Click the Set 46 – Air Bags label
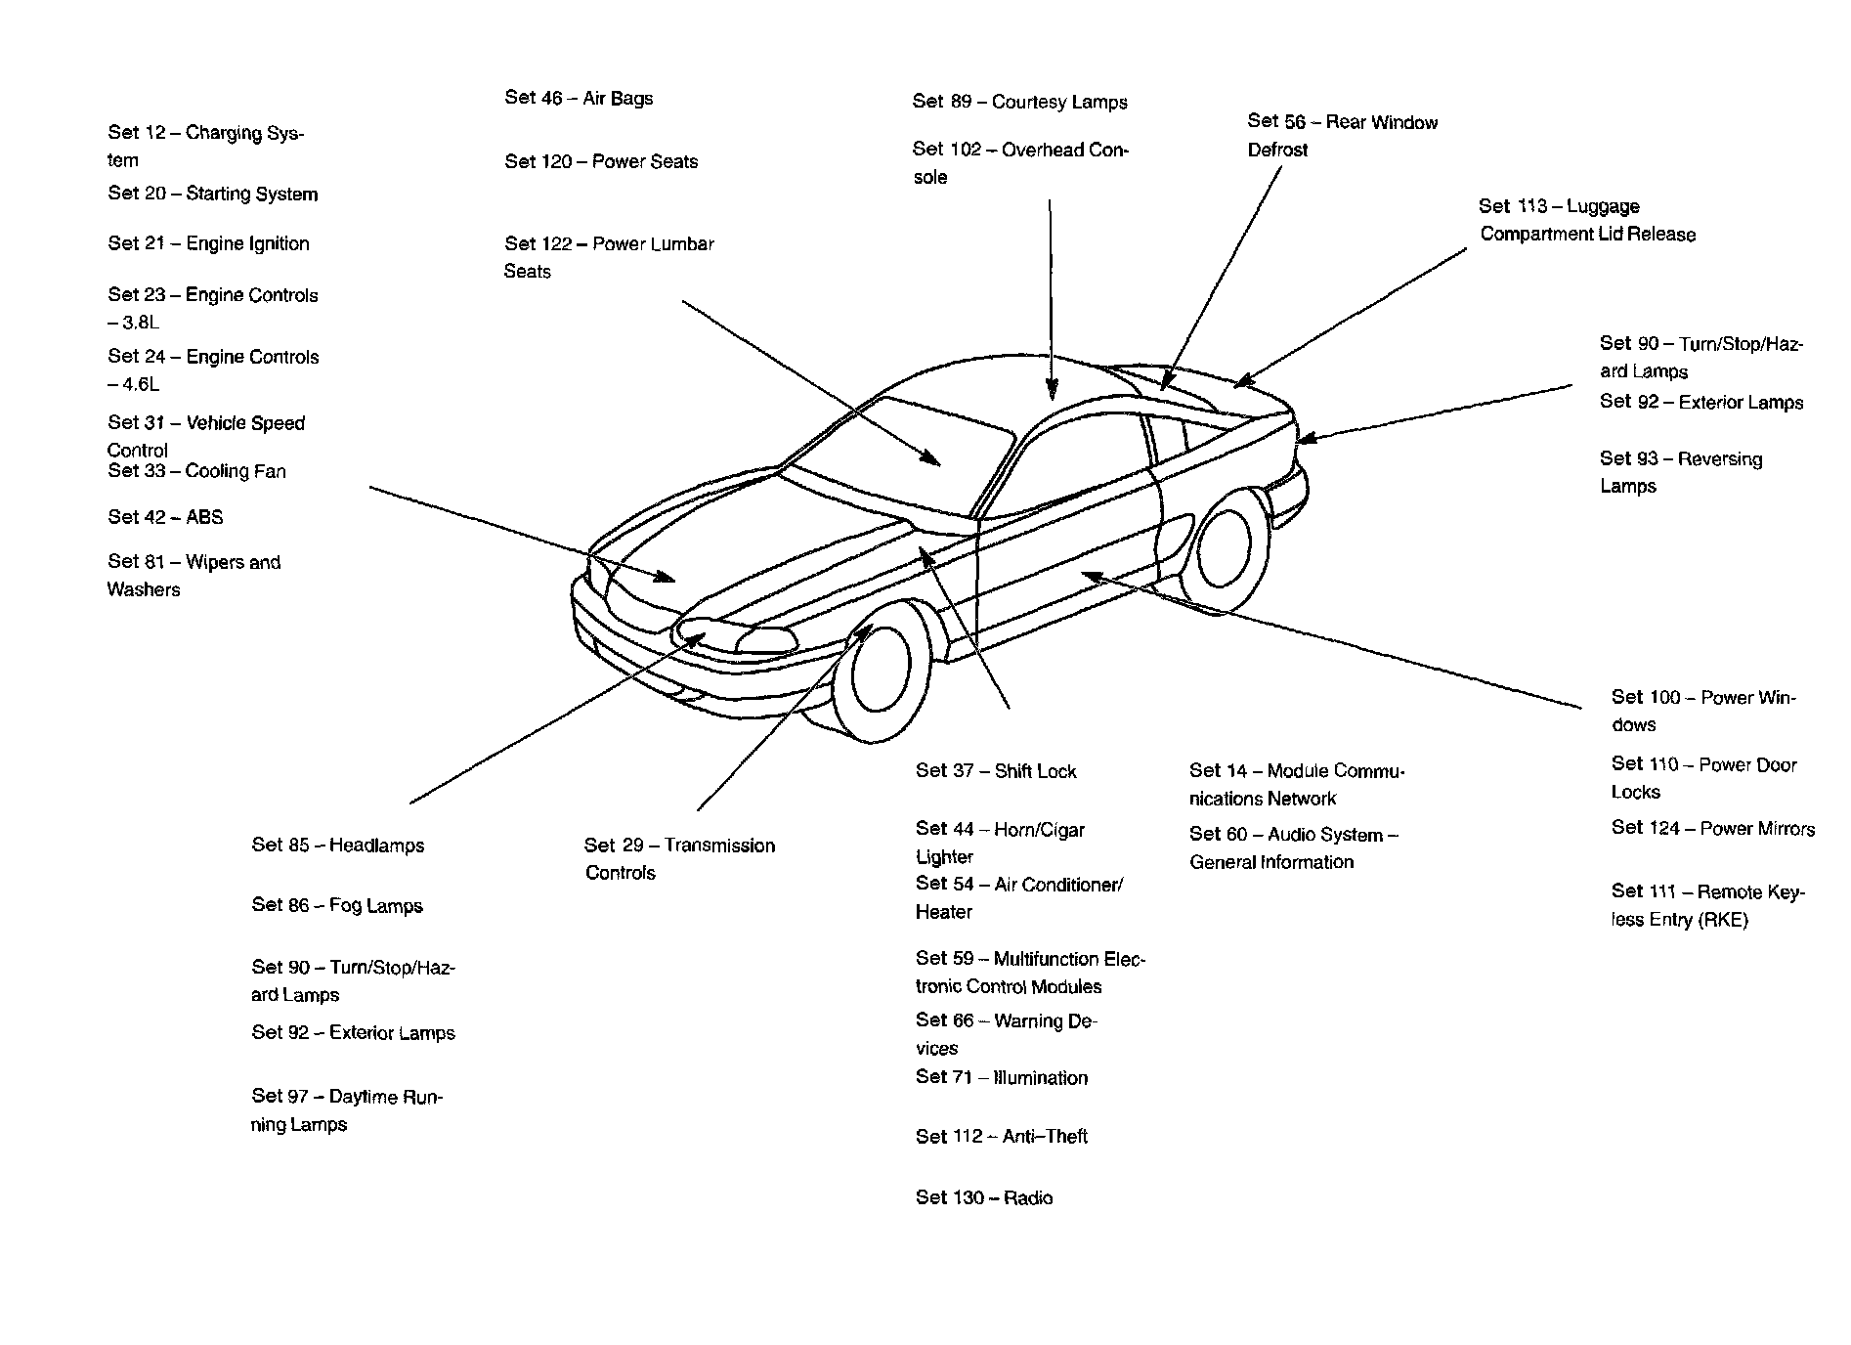(x=579, y=98)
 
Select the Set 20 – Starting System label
(x=212, y=194)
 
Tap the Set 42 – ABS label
(x=165, y=517)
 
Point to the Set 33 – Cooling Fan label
(x=196, y=471)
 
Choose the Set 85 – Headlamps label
(x=337, y=846)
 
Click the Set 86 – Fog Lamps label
(x=337, y=905)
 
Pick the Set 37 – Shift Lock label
(x=995, y=771)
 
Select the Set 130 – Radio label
(x=983, y=1197)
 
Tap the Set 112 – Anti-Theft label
(x=1001, y=1136)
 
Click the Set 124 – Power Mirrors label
(x=1712, y=828)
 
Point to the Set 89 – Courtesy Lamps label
(x=1019, y=102)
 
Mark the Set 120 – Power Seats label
(x=601, y=161)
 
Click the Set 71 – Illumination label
(x=1001, y=1077)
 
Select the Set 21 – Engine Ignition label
(x=208, y=243)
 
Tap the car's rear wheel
(x=1223, y=542)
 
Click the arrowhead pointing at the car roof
(x=1052, y=392)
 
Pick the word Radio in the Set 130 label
(x=1027, y=1197)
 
